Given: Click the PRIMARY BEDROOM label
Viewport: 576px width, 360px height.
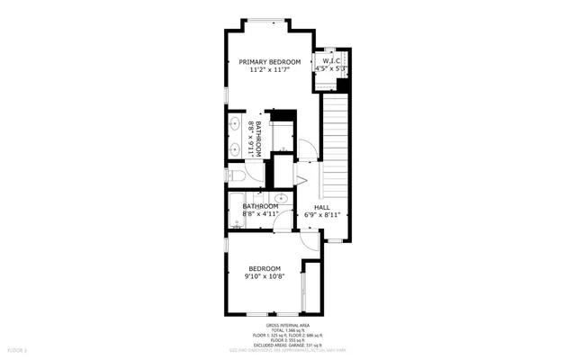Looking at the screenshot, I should (x=269, y=62).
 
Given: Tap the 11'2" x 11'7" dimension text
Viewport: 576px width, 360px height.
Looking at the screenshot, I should (x=269, y=70).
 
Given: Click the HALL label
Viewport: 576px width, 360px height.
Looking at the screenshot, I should (x=321, y=207).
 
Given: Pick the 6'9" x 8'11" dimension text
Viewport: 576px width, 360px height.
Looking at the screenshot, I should (x=321, y=215).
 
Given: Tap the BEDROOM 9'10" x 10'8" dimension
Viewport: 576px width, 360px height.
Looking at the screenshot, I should (x=265, y=277).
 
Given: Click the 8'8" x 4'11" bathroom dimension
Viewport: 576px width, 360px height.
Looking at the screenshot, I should (x=260, y=214).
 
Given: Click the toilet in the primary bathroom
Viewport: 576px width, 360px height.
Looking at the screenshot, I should (x=233, y=176).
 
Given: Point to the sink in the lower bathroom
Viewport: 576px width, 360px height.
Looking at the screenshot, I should (x=281, y=198).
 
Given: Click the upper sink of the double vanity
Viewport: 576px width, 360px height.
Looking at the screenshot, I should (x=234, y=125).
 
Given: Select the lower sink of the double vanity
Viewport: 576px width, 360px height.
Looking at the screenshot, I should (x=234, y=148).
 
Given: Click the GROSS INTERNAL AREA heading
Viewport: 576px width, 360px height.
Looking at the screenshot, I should (x=287, y=325).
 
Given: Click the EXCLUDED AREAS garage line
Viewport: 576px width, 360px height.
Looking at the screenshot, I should (x=287, y=344).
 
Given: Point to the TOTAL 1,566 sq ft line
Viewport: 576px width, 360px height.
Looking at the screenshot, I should (x=287, y=330).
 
